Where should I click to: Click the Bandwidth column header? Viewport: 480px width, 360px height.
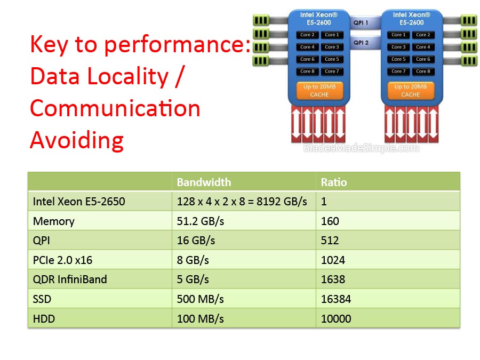point(204,182)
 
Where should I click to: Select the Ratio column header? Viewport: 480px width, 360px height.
point(334,182)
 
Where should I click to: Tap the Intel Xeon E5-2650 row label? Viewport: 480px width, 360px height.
point(79,202)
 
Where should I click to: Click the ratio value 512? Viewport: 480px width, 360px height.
point(330,241)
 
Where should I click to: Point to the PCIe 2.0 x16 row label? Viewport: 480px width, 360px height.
point(63,260)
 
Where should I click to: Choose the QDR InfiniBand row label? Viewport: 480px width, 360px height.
point(70,279)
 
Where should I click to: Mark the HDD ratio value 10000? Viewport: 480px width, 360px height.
point(336,319)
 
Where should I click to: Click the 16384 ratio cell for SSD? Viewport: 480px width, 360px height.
point(336,299)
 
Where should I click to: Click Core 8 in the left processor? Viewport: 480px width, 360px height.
point(307,71)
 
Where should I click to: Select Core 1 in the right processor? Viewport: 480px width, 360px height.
point(397,35)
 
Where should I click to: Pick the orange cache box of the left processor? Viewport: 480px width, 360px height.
point(319,90)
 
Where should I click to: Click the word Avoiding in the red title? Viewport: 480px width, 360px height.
point(77,140)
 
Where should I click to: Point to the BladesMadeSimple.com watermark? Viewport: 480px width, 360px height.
point(361,148)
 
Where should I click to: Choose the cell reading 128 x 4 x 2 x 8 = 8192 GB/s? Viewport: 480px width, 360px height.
point(242,202)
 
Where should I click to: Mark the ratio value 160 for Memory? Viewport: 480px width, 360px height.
point(330,221)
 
